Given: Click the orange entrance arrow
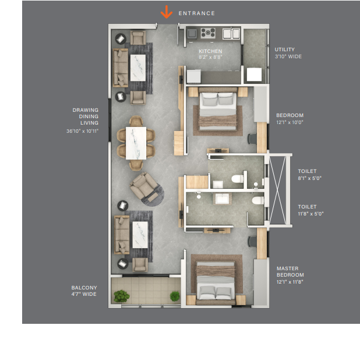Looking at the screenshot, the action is click(x=167, y=12).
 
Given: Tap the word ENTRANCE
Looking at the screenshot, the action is click(x=197, y=13).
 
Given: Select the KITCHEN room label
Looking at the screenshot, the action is click(x=210, y=51).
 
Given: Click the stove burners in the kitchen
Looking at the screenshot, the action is click(x=208, y=33).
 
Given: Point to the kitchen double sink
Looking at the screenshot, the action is click(x=231, y=34).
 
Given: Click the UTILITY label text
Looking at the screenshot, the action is click(x=285, y=50).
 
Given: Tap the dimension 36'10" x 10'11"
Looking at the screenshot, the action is click(x=83, y=131).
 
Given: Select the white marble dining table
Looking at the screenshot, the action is click(x=136, y=143).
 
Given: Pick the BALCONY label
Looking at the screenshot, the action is click(x=84, y=288).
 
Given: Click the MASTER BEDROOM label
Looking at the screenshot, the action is click(x=290, y=271).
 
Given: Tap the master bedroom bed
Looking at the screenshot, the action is click(x=216, y=282).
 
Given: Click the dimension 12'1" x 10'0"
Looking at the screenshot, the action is click(x=290, y=122).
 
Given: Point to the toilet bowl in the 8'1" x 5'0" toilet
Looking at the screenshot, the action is click(x=237, y=179).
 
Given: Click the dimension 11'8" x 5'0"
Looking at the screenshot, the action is click(x=310, y=214).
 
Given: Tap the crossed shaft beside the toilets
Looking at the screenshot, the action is click(x=277, y=190).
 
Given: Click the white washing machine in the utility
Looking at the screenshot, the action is click(x=254, y=75).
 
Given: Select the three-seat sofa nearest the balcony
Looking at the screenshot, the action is click(x=122, y=235).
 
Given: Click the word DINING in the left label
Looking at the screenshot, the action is click(x=89, y=116).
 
